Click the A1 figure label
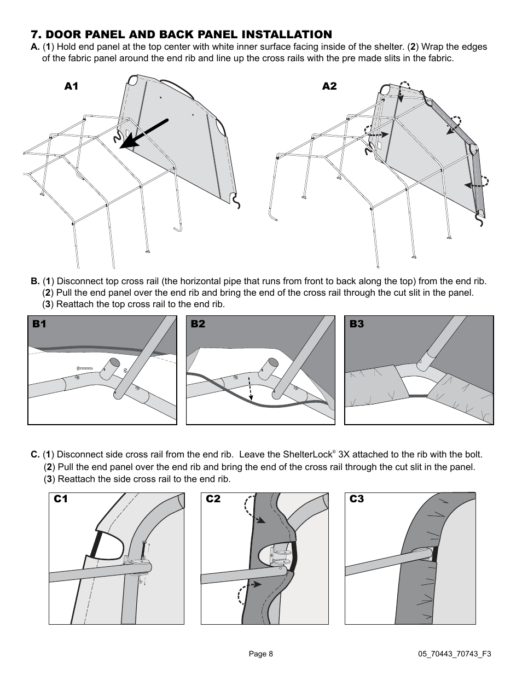point(71,86)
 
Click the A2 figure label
point(329,86)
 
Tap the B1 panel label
point(39,324)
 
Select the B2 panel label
point(198,324)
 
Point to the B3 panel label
point(357,324)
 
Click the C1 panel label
point(61,499)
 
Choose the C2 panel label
point(213,499)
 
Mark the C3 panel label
point(357,499)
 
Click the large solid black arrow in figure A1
point(144,133)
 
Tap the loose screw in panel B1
point(85,368)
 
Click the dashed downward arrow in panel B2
point(251,389)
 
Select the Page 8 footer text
point(261,654)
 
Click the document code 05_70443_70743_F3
point(455,654)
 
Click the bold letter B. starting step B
point(35,281)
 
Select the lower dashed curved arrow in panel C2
point(250,591)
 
